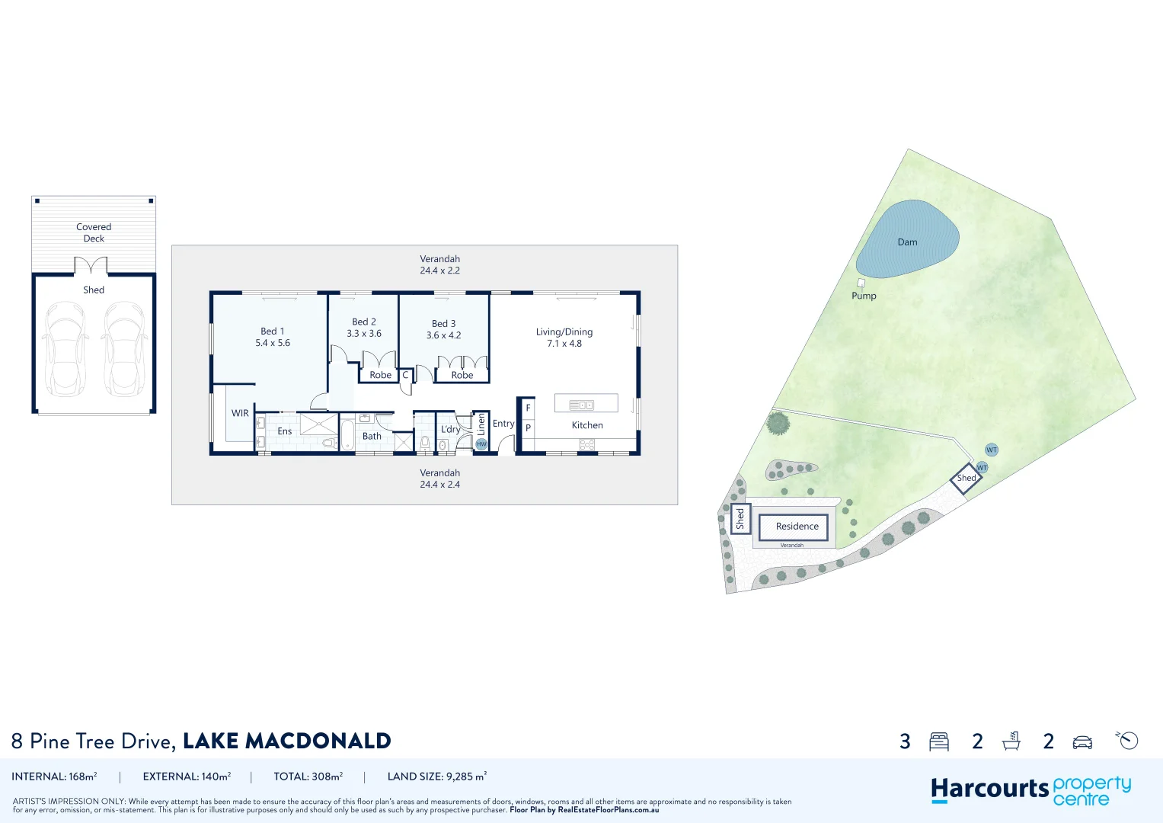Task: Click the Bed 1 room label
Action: click(272, 331)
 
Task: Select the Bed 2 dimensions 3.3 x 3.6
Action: click(364, 334)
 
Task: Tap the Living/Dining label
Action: click(564, 332)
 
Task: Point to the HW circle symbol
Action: click(481, 444)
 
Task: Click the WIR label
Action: click(240, 414)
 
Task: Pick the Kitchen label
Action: click(586, 425)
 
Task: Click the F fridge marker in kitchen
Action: click(528, 408)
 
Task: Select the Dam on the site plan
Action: click(906, 239)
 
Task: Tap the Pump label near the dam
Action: click(864, 296)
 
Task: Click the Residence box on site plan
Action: click(797, 527)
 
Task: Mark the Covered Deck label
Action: click(94, 232)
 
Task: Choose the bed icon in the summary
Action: click(939, 741)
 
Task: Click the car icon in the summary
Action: click(1082, 741)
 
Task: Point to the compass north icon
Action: click(1128, 740)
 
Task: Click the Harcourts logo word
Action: click(989, 789)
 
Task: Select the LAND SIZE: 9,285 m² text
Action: click(436, 777)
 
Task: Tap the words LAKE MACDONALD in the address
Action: click(286, 741)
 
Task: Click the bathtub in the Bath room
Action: click(347, 435)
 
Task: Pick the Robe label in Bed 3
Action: click(462, 375)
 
